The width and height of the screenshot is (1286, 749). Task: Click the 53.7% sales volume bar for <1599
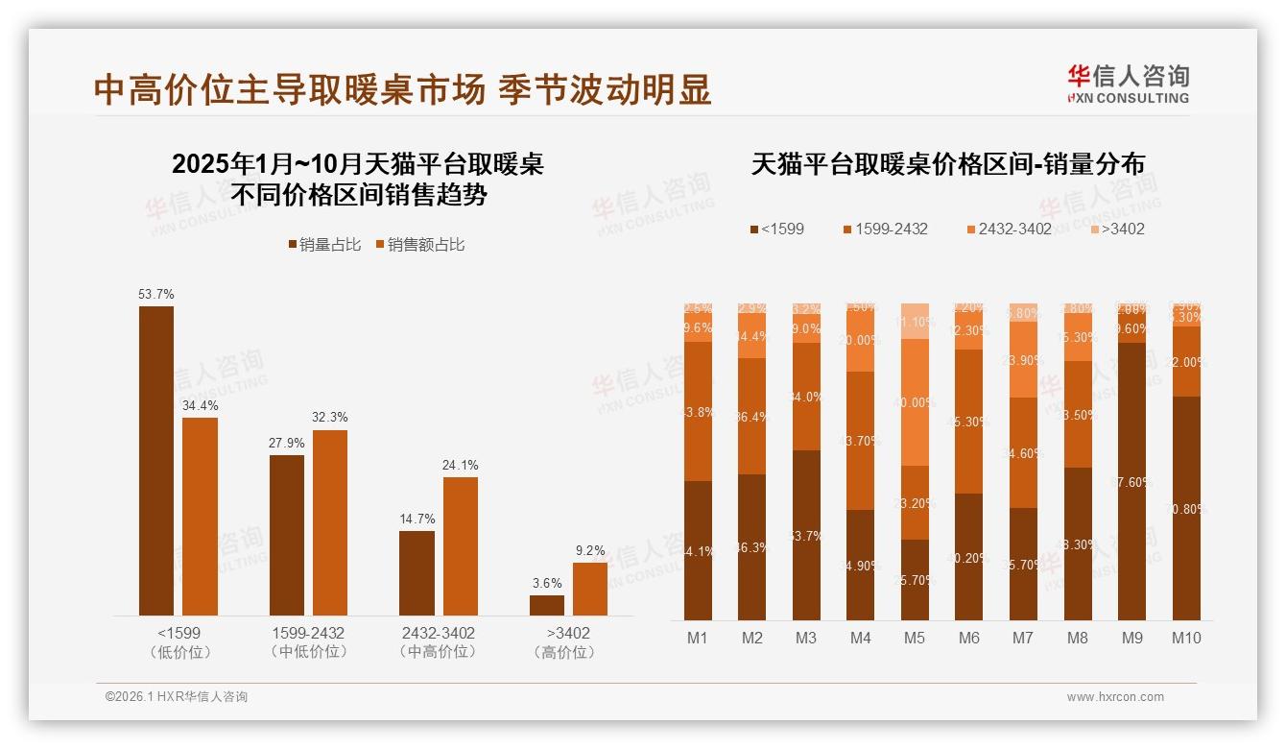coord(156,461)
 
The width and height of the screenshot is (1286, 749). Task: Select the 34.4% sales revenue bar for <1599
coord(200,517)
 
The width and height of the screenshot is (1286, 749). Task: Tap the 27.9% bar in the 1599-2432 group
coord(287,535)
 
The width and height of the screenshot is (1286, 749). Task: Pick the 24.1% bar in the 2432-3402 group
coord(460,545)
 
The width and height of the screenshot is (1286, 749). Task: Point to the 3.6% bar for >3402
coord(547,605)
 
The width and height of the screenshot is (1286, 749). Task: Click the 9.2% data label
coord(590,551)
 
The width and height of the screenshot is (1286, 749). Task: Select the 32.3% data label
coord(330,418)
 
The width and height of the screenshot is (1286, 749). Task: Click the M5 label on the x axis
coord(915,638)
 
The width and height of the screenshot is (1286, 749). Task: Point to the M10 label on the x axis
coord(1186,638)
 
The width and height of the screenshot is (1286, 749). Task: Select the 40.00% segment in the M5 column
coord(915,402)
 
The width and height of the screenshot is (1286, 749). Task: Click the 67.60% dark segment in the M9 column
coord(1131,481)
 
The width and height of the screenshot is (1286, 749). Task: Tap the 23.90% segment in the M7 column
coord(1023,360)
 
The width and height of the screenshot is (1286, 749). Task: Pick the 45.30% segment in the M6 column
coord(969,422)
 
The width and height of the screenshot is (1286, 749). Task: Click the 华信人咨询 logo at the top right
coord(1128,84)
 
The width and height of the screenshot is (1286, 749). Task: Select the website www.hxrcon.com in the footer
coord(1115,697)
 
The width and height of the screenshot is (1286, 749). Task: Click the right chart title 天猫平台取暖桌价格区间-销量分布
coord(947,164)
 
